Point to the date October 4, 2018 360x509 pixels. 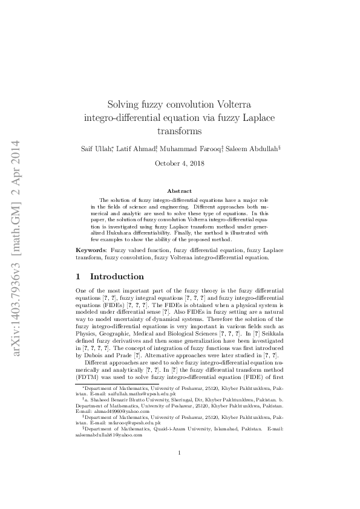[x=179, y=163]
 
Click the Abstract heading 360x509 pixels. [x=179, y=191]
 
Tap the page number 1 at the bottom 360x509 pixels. [x=179, y=470]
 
